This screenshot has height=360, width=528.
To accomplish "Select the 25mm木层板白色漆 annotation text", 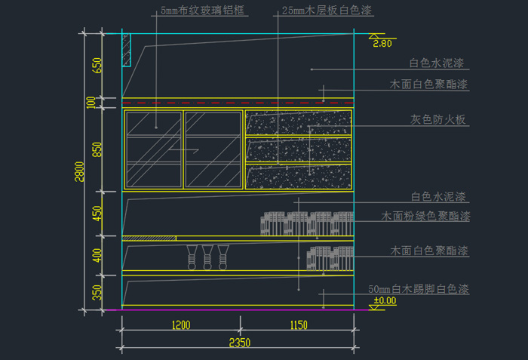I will tap(327, 12).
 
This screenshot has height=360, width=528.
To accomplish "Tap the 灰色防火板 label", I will tap(440, 120).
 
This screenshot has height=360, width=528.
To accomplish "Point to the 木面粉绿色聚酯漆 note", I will tap(425, 217).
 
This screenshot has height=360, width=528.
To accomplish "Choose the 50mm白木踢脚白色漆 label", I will tap(419, 290).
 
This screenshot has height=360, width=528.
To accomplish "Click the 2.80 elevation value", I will tap(382, 44).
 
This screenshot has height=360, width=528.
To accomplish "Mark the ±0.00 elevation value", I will tap(385, 300).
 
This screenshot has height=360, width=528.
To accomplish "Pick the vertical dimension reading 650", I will tap(97, 65).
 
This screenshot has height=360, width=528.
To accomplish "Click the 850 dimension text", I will tap(97, 149).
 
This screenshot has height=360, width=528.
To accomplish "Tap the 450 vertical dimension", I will tap(97, 214).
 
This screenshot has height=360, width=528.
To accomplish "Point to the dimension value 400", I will tap(97, 254).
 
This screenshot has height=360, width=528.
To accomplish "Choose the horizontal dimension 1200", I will tap(180, 326).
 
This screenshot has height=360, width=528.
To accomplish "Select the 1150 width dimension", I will tap(297, 326).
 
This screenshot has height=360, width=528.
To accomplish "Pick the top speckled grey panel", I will tap(299, 123).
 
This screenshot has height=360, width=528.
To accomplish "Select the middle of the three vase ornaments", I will tap(206, 257).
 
